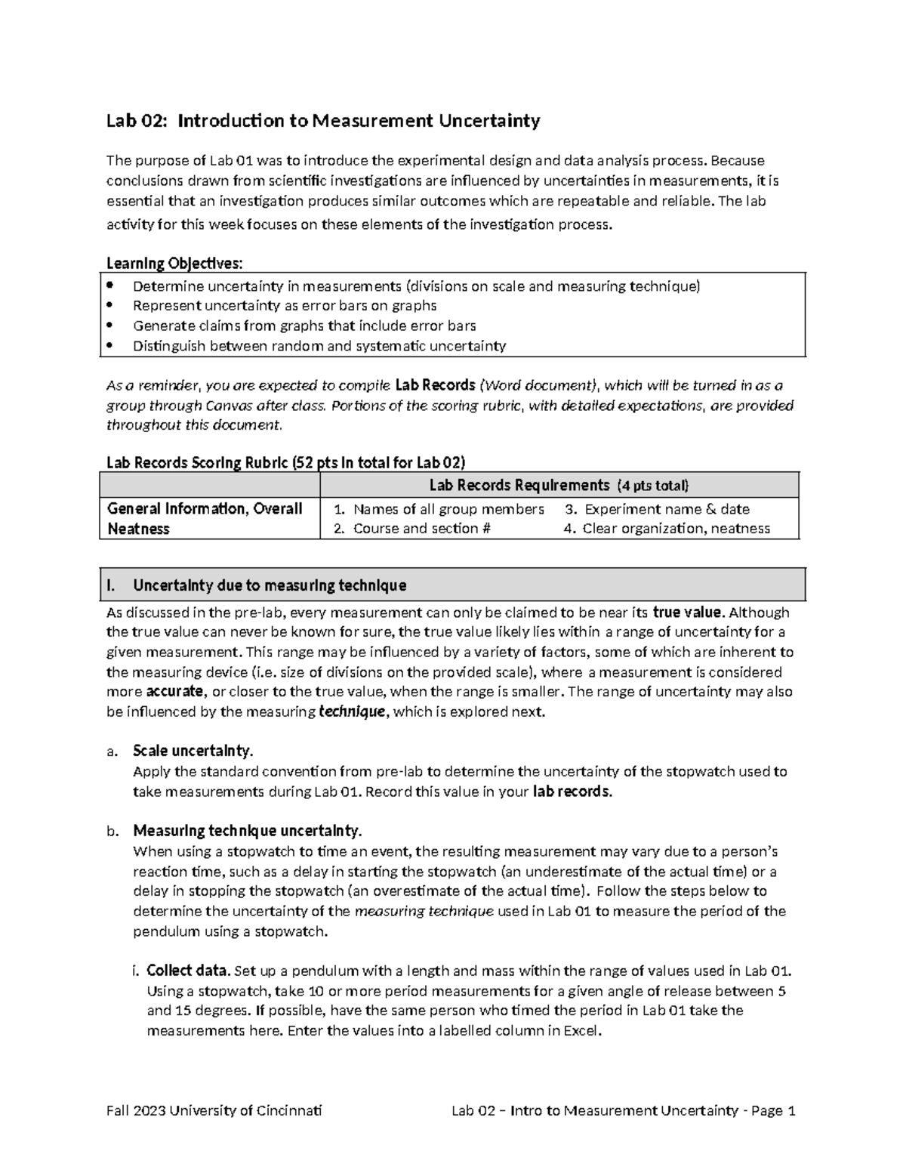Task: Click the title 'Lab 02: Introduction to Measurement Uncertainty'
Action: coord(323,121)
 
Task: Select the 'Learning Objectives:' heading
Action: coord(174,263)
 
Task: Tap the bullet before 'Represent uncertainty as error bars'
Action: coord(110,306)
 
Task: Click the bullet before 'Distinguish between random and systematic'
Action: coord(110,346)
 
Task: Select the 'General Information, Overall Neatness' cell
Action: coord(205,518)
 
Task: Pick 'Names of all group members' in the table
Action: coord(448,509)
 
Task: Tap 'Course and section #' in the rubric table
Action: coord(421,529)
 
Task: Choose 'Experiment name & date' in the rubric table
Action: coord(666,509)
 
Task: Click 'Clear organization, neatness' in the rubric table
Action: coord(675,529)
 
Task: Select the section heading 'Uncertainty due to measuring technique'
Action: coord(270,585)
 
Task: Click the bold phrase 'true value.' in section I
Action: coord(689,613)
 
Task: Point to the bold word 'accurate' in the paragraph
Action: coord(174,692)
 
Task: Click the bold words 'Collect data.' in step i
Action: coord(189,971)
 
